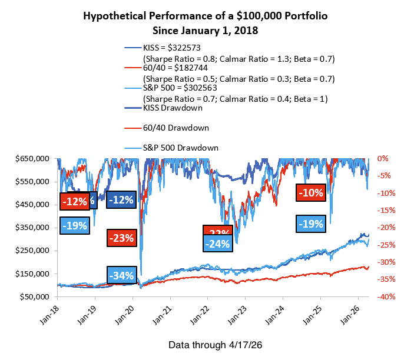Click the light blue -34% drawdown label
click(x=121, y=275)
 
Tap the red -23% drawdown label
click(x=121, y=238)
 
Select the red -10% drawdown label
click(x=310, y=192)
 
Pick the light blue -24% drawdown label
click(x=218, y=243)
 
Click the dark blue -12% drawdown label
click(x=121, y=199)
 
